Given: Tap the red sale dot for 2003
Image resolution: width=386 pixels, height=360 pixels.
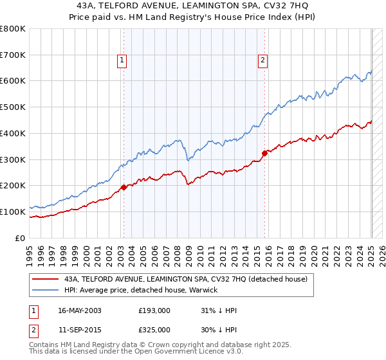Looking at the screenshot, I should [124, 187].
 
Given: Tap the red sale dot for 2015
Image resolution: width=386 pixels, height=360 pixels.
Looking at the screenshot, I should [264, 153].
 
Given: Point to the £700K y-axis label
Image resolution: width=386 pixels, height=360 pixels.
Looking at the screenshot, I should [13, 55].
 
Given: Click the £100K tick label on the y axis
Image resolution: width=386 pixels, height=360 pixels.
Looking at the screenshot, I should [13, 212].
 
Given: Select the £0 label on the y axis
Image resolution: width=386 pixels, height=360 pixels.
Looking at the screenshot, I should [19, 238].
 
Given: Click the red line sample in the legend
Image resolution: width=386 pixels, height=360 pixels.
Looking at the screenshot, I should [46, 279].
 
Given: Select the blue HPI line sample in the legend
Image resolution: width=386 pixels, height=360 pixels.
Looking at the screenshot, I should [46, 290].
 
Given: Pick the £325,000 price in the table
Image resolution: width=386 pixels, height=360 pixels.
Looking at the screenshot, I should [154, 330].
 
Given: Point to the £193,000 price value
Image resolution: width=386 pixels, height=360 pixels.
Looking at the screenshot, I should [154, 310].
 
